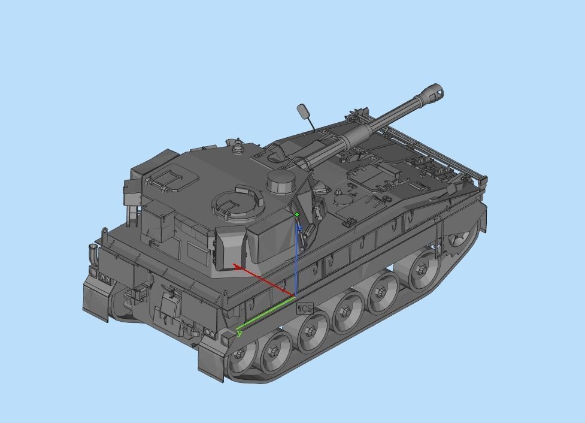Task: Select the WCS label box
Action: coord(305,308)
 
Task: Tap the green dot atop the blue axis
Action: coord(297,214)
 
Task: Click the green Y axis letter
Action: coord(240,334)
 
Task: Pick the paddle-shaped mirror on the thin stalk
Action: coord(303,111)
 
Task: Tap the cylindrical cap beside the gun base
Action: coord(281,180)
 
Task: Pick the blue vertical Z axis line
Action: coord(296,258)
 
